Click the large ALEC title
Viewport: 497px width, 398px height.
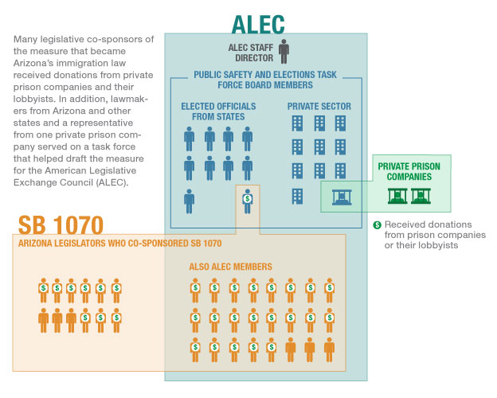point(258,25)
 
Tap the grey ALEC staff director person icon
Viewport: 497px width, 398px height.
point(284,51)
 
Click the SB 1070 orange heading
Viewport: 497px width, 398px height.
point(61,225)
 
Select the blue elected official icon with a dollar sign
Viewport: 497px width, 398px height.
point(247,201)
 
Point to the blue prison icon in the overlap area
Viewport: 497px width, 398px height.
point(342,197)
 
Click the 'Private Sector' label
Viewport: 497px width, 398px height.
point(319,106)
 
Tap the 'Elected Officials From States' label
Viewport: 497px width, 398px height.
point(218,111)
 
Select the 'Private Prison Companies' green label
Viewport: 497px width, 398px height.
point(409,171)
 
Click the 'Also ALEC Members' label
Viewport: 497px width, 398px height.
point(230,267)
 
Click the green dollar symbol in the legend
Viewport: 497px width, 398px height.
point(378,225)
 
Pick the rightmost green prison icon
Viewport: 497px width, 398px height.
point(421,196)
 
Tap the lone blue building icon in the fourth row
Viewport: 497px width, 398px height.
point(297,196)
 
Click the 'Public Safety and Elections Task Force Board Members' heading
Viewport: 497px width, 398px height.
point(265,80)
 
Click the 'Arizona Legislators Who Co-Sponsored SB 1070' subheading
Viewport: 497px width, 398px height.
point(119,244)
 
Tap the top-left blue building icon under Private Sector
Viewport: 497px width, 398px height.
point(297,123)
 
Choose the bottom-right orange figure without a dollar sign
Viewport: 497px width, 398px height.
point(329,349)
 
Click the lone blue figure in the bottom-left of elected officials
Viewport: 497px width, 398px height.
point(189,201)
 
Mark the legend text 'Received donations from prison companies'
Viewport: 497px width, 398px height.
point(435,230)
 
